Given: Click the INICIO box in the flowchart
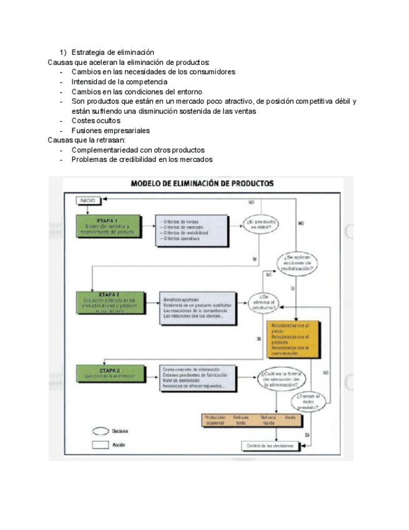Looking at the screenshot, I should pyautogui.click(x=87, y=200).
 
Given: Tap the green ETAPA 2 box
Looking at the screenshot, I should pyautogui.click(x=108, y=304).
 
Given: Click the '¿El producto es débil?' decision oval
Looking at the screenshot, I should pyautogui.click(x=262, y=224).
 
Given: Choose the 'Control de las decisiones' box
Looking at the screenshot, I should pyautogui.click(x=270, y=445).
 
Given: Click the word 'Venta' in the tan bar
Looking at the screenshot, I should pyautogui.click(x=290, y=417).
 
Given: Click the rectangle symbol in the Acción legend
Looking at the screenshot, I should pyautogui.click(x=100, y=445).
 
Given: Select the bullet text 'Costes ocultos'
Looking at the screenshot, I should pyautogui.click(x=96, y=120).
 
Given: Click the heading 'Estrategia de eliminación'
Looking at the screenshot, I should pyautogui.click(x=112, y=52).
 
